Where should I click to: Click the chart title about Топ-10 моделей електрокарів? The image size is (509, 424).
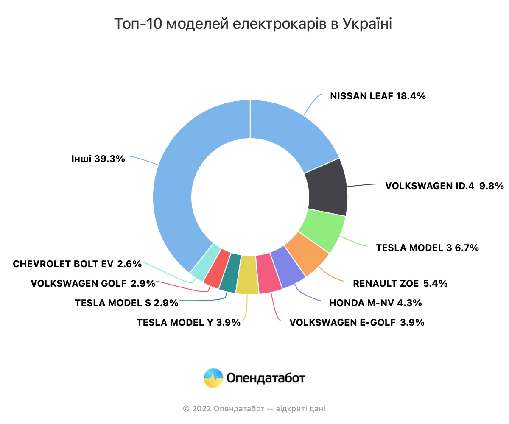pyautogui.click(x=253, y=24)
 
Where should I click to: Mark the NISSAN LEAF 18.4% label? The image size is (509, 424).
pyautogui.click(x=378, y=96)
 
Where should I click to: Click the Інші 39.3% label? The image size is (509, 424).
pyautogui.click(x=98, y=159)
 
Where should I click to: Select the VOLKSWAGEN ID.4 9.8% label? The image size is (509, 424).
pyautogui.click(x=444, y=186)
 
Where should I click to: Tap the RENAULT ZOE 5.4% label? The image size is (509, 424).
pyautogui.click(x=400, y=284)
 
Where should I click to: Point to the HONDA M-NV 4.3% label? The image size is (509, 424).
pyautogui.click(x=375, y=303)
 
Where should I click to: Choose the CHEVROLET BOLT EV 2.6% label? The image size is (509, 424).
pyautogui.click(x=77, y=264)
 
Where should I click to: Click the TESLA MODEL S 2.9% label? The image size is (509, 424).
pyautogui.click(x=126, y=303)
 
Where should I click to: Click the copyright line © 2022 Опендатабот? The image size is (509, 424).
pyautogui.click(x=254, y=409)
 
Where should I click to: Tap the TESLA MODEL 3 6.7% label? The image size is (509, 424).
pyautogui.click(x=427, y=248)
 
